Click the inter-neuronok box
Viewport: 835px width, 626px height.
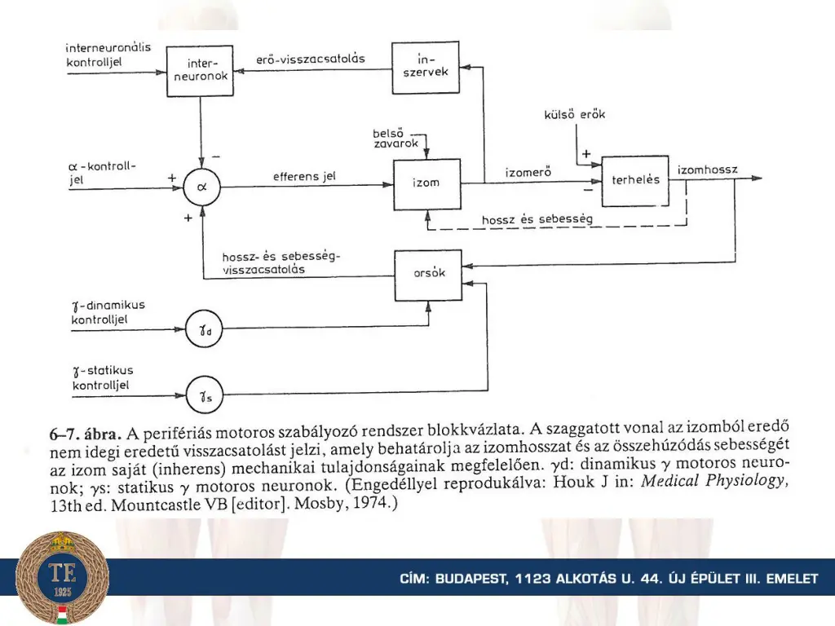coord(199,70)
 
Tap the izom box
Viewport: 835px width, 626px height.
coord(426,183)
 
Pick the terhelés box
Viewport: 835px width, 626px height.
coord(635,179)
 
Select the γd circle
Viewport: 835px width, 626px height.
coord(201,330)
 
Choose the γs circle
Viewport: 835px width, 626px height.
coord(201,396)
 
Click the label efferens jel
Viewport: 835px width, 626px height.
coord(305,176)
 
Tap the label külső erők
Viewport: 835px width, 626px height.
coord(575,115)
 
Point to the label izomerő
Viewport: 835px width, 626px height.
coord(529,172)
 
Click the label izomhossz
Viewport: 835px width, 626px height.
coord(707,170)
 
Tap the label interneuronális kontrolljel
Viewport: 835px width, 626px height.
coord(108,54)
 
